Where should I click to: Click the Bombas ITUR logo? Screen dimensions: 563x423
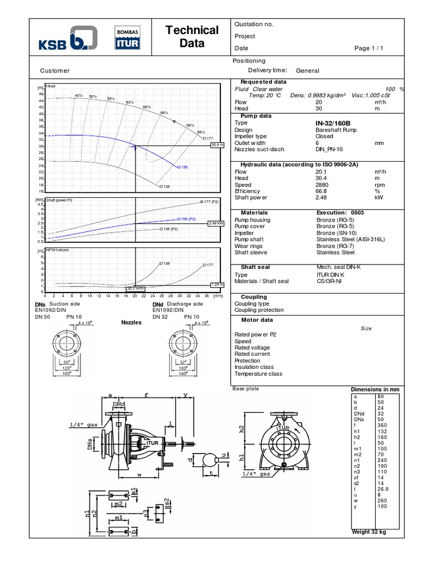click(x=127, y=38)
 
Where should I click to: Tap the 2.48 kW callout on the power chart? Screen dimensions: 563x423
click(x=216, y=224)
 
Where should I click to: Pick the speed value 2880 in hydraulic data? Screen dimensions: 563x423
click(x=323, y=184)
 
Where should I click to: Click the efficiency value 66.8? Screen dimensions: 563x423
click(x=322, y=191)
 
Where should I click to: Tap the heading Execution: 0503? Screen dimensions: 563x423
click(x=340, y=212)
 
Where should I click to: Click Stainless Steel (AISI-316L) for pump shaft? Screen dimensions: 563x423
click(x=348, y=240)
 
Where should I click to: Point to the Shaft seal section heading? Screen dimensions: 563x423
click(x=255, y=267)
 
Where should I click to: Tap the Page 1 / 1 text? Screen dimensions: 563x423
click(x=369, y=48)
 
